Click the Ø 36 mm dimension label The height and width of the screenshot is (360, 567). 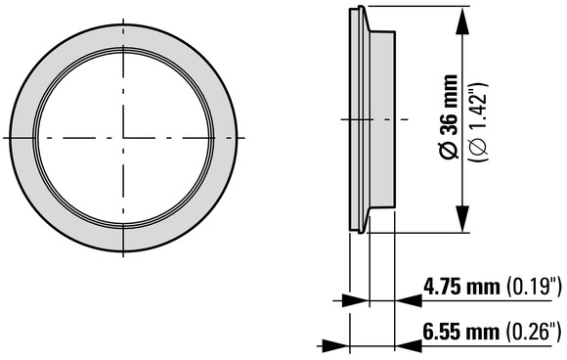coord(449,116)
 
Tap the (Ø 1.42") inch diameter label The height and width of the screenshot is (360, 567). coord(478,122)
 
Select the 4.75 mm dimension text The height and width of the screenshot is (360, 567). coord(461,288)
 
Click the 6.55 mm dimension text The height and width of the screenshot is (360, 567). coord(461,332)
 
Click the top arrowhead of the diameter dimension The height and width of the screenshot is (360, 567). coord(462,21)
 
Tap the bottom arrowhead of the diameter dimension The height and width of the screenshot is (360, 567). coord(462,218)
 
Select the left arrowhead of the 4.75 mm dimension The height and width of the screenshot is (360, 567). coord(355,300)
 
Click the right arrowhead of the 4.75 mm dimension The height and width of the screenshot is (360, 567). coord(409,300)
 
